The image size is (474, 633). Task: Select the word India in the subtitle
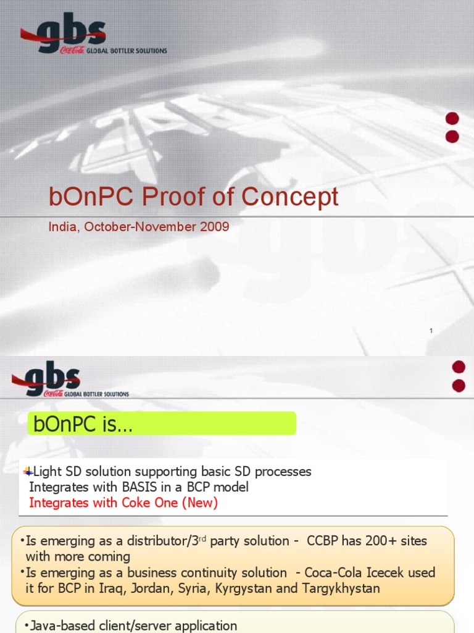63,227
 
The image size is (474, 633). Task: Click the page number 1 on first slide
431,331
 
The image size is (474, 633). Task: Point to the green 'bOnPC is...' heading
162,424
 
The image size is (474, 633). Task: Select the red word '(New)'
199,503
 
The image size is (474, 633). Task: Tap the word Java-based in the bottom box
64,626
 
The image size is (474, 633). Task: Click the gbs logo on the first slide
62,35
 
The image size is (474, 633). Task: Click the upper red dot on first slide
452,119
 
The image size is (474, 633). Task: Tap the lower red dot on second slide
459,386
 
